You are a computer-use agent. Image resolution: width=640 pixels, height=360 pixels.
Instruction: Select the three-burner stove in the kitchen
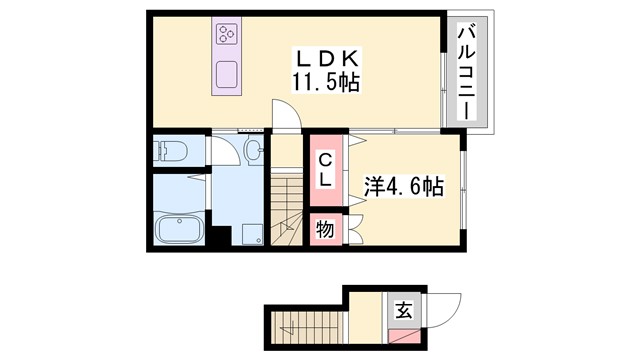pyautogui.click(x=225, y=36)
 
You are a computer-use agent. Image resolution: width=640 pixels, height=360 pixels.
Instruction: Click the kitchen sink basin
pyautogui.click(x=226, y=74)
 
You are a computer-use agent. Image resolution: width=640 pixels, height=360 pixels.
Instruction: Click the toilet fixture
pyautogui.click(x=170, y=152)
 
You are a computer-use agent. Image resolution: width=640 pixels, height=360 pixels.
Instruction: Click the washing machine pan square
pyautogui.click(x=248, y=234)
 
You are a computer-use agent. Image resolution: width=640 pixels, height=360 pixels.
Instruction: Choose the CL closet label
pyautogui.click(x=326, y=170)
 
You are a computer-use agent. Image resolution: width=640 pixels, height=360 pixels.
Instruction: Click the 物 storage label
pyautogui.click(x=325, y=228)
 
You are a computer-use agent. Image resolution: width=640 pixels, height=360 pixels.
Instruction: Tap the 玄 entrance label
pyautogui.click(x=402, y=310)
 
